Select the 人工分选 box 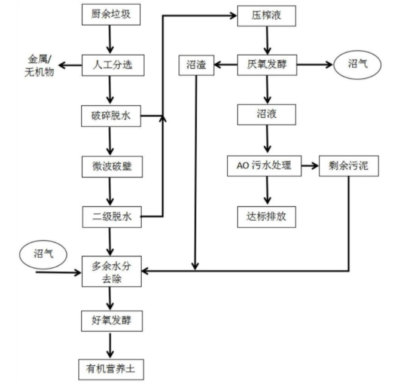[x=111, y=65]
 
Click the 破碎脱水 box [x=111, y=115]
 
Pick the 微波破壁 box [x=111, y=166]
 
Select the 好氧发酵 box [x=111, y=322]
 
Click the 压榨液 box [x=266, y=16]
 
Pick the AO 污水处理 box [x=264, y=165]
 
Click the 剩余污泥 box [x=349, y=165]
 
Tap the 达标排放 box [x=267, y=216]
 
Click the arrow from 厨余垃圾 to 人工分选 [x=111, y=40]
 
